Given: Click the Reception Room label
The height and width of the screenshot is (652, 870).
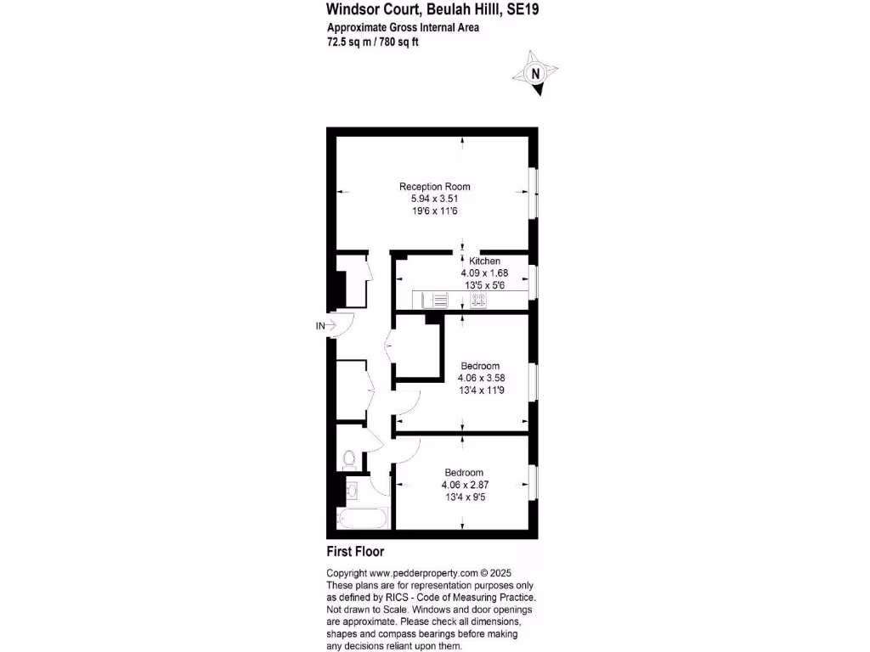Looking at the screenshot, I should pos(435,187).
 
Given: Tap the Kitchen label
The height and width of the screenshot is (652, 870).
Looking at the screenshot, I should pos(484,261).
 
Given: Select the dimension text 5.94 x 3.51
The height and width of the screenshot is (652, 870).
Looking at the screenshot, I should pos(435,199).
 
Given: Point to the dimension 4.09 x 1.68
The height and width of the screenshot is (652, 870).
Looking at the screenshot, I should pos(484,273).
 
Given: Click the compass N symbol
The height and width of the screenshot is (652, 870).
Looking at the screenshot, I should pos(535,74).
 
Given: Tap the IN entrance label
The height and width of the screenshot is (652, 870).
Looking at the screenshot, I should pos(320,325).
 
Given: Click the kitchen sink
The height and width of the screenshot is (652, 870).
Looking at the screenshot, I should pos(433,300).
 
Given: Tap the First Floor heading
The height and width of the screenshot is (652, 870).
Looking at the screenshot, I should pos(355,552).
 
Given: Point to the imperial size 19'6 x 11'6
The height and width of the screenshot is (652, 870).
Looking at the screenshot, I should pos(435,211).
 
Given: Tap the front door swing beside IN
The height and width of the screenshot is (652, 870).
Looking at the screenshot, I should pos(342,325).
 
